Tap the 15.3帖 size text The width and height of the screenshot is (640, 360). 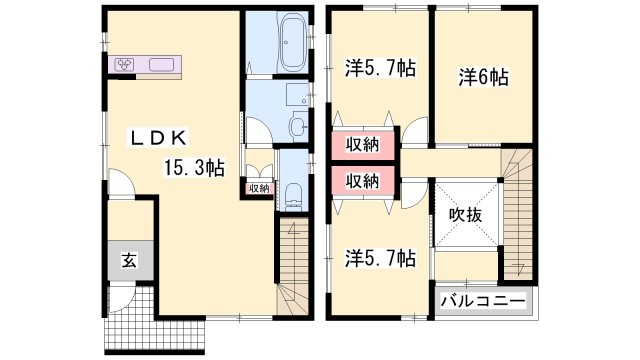[193, 168]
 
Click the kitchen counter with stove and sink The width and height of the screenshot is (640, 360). [146, 65]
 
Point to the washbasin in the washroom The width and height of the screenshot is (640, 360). [298, 126]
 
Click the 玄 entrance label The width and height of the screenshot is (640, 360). [129, 262]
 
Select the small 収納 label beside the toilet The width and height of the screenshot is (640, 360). [257, 188]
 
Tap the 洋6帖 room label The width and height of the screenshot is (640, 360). [483, 75]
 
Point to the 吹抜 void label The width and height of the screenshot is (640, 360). [465, 215]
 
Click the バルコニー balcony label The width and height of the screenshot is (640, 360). [482, 300]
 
